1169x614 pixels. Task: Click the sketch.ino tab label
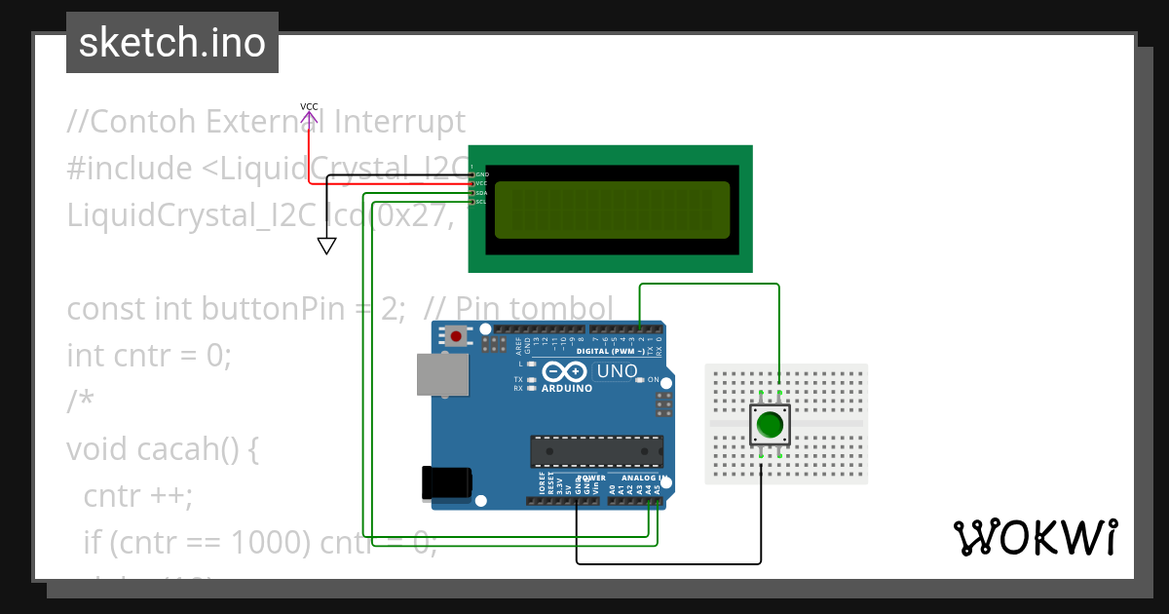172,43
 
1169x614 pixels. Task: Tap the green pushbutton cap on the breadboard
770,425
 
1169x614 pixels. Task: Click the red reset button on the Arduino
455,336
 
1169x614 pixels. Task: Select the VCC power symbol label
309,106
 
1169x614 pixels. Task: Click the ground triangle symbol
327,246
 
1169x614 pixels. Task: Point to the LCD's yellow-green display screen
612,210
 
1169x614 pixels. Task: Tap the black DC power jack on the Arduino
446,483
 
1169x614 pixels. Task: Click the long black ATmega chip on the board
596,451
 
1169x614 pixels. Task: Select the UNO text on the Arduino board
617,370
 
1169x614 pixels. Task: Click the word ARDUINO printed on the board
565,388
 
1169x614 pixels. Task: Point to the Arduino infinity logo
565,372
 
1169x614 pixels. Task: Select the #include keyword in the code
129,169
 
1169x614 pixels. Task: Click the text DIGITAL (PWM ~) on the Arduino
613,351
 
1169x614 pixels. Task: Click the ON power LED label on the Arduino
654,380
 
